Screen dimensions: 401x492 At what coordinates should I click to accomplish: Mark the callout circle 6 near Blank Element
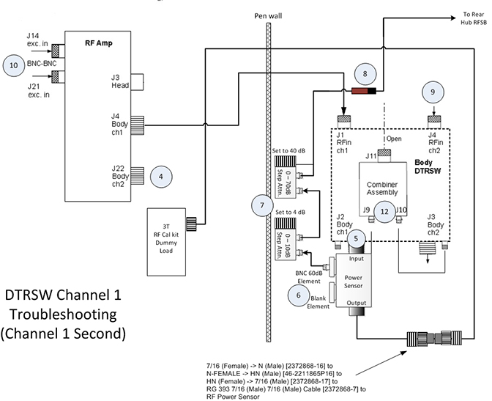pos(298,294)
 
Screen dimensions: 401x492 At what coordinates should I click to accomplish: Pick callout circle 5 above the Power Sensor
pos(355,238)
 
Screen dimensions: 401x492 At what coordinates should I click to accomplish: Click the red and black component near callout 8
pos(364,92)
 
